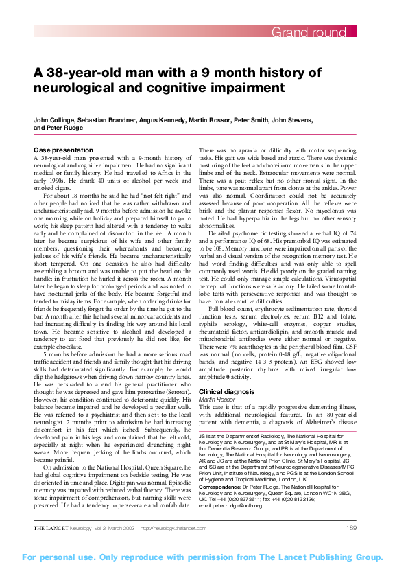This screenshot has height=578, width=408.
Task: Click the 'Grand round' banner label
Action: [x=312, y=32]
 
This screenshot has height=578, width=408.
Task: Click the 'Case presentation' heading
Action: [x=62, y=149]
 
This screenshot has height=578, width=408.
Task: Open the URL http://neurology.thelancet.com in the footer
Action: [x=174, y=527]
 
